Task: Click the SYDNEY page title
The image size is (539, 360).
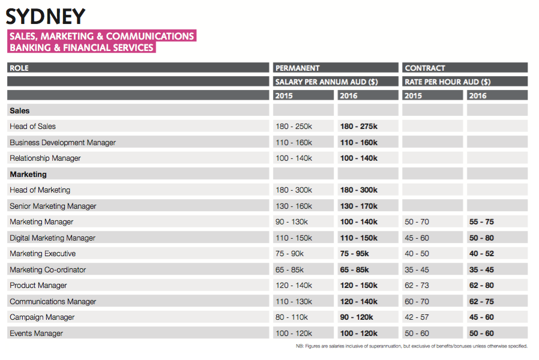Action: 46,16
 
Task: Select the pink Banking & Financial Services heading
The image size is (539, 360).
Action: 82,47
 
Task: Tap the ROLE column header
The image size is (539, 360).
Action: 19,68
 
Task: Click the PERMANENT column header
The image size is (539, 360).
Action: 297,68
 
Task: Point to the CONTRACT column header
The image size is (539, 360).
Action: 425,68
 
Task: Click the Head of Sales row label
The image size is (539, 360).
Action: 32,126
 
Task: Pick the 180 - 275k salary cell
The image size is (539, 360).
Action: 359,126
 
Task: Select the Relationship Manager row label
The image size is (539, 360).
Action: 45,158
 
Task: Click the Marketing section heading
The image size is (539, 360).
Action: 28,175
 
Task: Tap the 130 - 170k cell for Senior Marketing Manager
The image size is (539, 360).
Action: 359,206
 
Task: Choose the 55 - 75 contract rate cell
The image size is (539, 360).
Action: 481,222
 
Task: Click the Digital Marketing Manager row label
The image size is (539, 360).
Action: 52,238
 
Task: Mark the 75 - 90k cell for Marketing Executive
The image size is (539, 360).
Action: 290,254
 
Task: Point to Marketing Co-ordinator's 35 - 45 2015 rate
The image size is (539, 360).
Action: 417,270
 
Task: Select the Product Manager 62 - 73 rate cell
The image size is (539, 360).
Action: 417,286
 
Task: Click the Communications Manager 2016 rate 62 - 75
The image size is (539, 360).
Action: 481,302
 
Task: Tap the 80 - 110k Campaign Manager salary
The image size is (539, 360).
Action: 292,317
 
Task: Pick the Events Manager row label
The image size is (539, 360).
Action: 36,334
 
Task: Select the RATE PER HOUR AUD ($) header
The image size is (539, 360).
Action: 448,82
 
